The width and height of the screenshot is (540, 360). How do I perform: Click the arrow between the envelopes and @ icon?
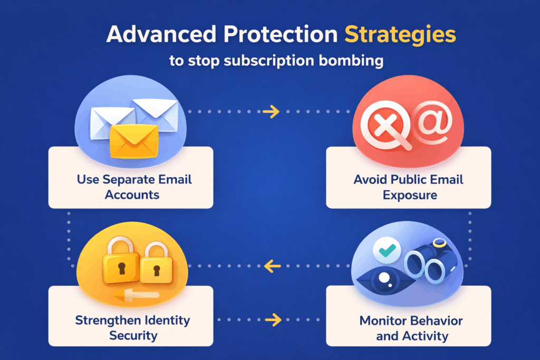pos(272,112)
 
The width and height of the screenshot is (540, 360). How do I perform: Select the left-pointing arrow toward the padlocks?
pos(272,266)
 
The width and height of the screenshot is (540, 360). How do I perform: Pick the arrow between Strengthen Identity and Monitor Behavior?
pos(272,319)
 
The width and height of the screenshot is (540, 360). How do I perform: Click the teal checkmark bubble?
pos(387,252)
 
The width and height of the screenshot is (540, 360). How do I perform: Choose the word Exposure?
pos(409,194)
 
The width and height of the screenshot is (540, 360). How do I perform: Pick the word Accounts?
pos(131,194)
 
